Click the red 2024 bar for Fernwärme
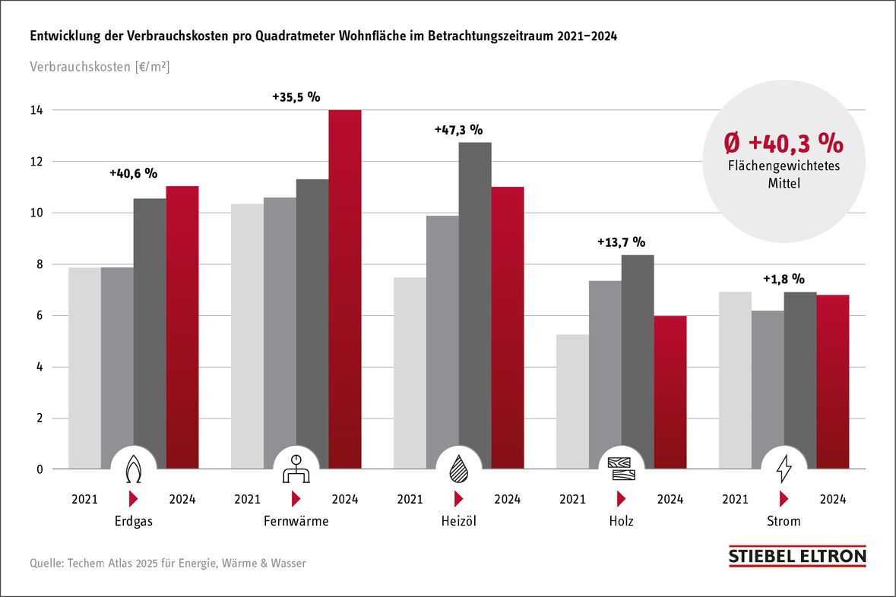(x=344, y=289)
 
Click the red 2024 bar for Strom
(x=833, y=380)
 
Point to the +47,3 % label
(x=458, y=130)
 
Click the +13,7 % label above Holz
(x=620, y=242)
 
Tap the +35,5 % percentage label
(x=296, y=97)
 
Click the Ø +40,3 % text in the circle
(x=783, y=143)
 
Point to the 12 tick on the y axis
(x=36, y=162)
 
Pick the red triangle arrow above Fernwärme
(x=296, y=499)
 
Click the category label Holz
(x=621, y=522)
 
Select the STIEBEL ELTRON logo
(x=797, y=556)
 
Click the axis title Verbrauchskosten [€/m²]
(x=100, y=67)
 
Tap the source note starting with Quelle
(x=168, y=564)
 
